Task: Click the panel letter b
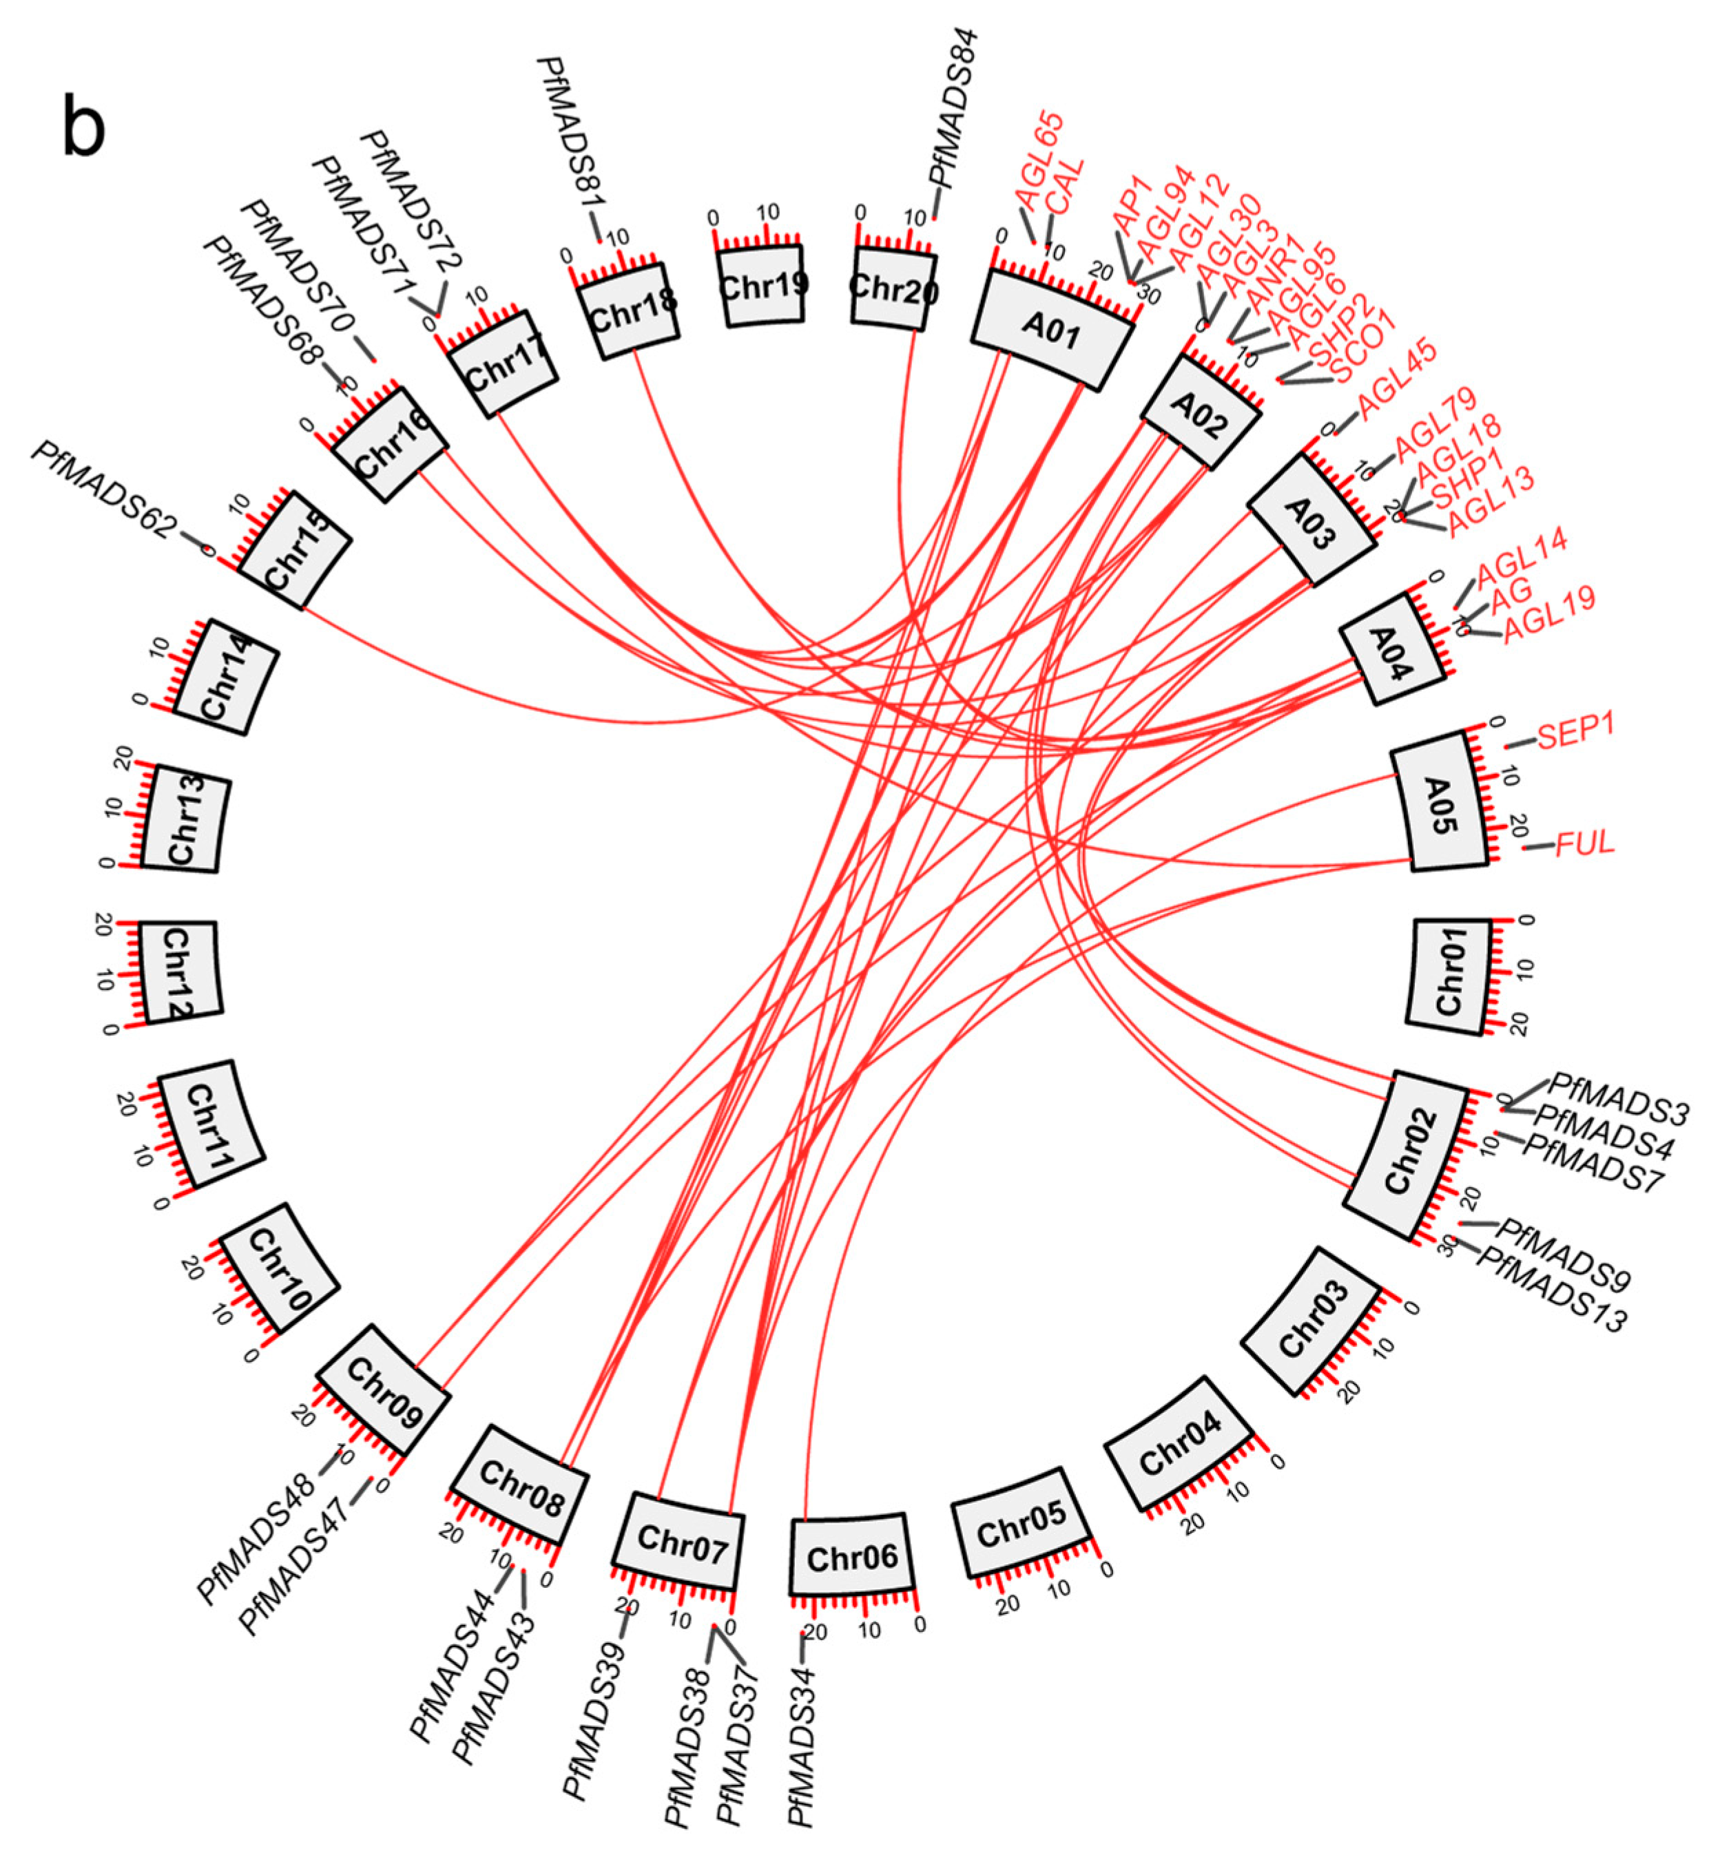[x=84, y=128]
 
